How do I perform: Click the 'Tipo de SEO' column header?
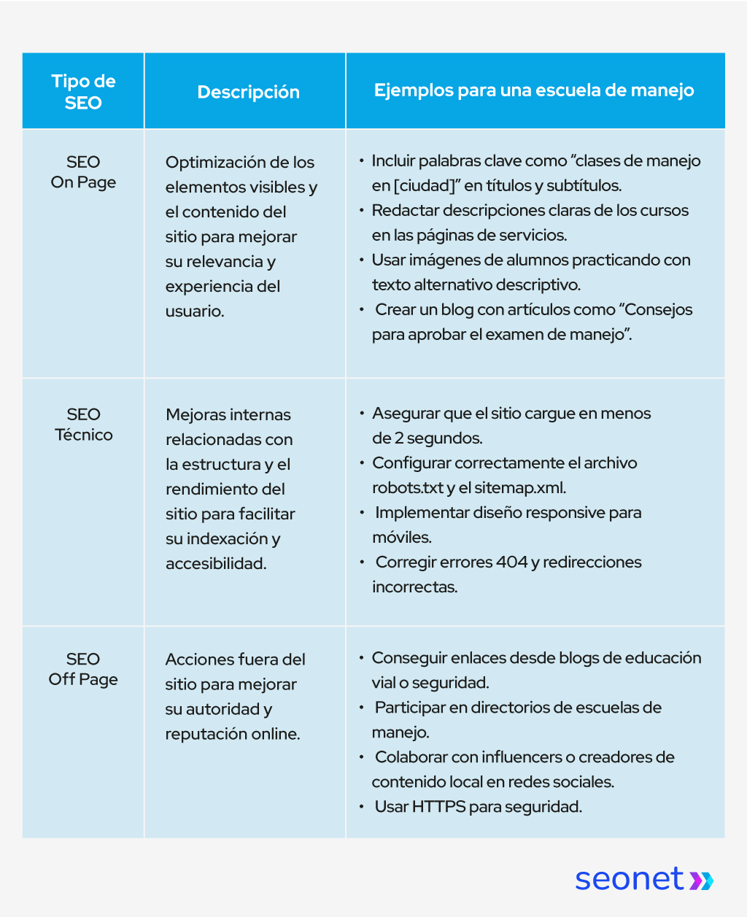tap(83, 92)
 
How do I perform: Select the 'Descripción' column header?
tap(248, 92)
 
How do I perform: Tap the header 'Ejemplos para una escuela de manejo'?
tap(534, 90)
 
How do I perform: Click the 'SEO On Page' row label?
tap(83, 172)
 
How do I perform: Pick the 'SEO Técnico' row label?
tap(83, 425)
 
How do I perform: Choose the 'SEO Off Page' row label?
tap(83, 669)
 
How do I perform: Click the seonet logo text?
tap(629, 878)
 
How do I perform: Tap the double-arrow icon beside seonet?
tap(702, 880)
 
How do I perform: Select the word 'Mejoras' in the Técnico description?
tap(197, 415)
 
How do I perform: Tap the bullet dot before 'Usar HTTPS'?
tap(362, 806)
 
